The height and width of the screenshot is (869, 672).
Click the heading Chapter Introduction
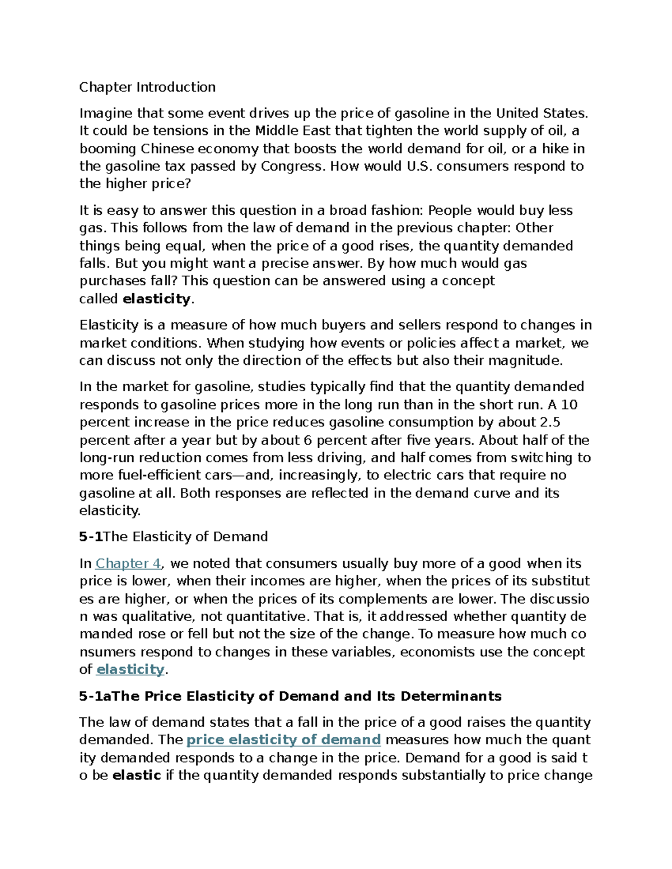pyautogui.click(x=147, y=87)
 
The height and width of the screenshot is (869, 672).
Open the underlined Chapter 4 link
pyautogui.click(x=128, y=563)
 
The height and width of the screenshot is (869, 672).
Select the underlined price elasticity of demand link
pyautogui.click(x=283, y=740)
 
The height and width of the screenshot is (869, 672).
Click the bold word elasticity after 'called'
pyautogui.click(x=157, y=299)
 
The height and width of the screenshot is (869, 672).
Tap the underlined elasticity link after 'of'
pyautogui.click(x=130, y=669)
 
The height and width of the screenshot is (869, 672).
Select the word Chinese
pyautogui.click(x=167, y=149)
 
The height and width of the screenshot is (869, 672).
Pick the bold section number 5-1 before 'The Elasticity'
pyautogui.click(x=91, y=537)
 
